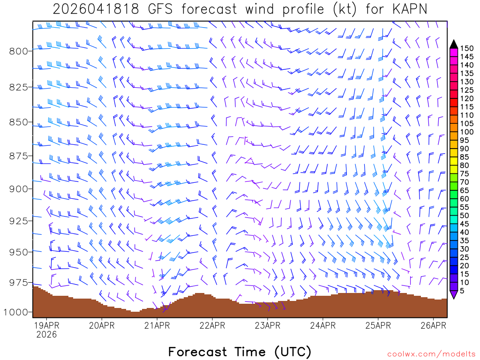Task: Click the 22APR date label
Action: pos(212,325)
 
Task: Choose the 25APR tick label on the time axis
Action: pos(378,325)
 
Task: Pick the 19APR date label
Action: pos(46,325)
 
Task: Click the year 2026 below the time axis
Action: pos(46,334)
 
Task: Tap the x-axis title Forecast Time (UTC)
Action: pos(240,352)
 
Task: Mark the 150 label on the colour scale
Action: pos(466,48)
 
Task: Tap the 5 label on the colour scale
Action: pos(462,291)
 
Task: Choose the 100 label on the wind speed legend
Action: pos(466,132)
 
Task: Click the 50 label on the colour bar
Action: pos(465,215)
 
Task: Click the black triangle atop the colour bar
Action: pos(454,44)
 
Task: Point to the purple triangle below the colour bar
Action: pos(454,295)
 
